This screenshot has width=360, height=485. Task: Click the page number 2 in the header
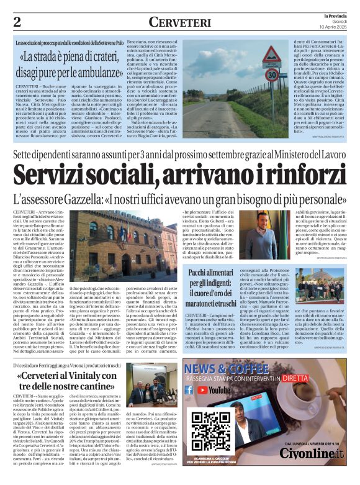[x=17, y=22]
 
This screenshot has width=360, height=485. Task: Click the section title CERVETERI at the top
[x=180, y=22]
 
